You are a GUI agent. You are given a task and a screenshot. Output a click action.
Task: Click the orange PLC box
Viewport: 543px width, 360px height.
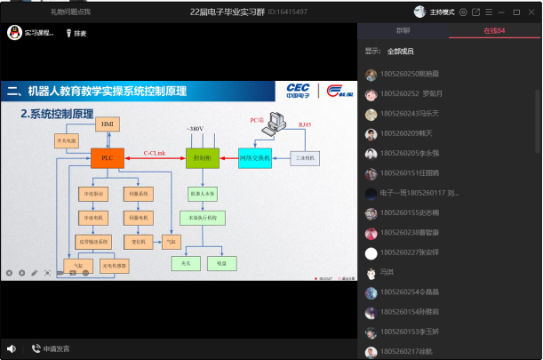pyautogui.click(x=107, y=158)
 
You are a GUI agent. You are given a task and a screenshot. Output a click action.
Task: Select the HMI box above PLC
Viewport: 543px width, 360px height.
pyautogui.click(x=107, y=124)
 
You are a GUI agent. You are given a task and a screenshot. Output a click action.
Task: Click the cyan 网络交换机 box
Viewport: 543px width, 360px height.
pyautogui.click(x=254, y=158)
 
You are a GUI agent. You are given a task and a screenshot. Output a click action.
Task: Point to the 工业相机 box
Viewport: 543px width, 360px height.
pyautogui.click(x=305, y=157)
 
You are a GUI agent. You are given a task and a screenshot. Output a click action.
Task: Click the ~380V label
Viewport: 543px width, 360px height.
pyautogui.click(x=195, y=130)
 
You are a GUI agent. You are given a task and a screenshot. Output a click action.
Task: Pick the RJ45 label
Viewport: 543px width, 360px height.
pyautogui.click(x=305, y=124)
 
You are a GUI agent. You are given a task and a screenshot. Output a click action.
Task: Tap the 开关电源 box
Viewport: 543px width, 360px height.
pyautogui.click(x=68, y=140)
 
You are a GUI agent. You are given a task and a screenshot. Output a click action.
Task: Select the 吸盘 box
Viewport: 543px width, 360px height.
pyautogui.click(x=218, y=263)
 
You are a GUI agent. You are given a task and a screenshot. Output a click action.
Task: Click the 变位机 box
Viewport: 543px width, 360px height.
pyautogui.click(x=139, y=241)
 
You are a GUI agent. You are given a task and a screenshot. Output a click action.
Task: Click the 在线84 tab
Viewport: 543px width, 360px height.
pyautogui.click(x=495, y=31)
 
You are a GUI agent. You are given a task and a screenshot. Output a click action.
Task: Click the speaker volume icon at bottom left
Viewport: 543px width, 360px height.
pyautogui.click(x=12, y=348)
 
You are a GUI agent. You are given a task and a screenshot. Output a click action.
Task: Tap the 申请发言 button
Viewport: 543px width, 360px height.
pyautogui.click(x=51, y=348)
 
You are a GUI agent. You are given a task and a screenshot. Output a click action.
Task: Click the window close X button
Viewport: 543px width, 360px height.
pyautogui.click(x=530, y=12)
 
